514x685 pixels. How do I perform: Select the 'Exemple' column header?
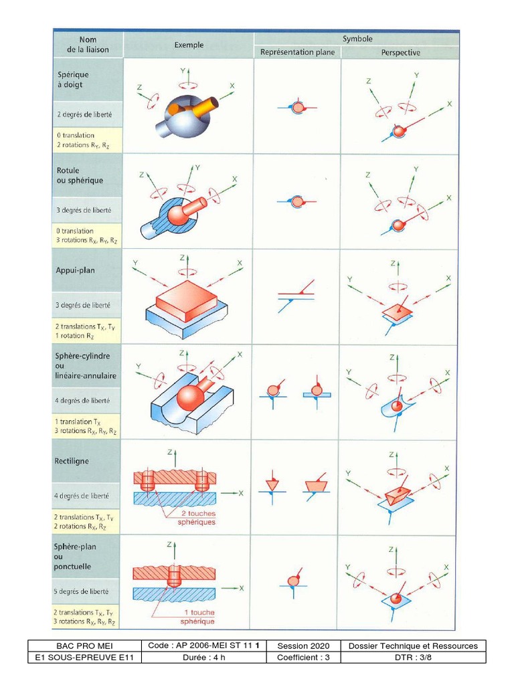coord(189,45)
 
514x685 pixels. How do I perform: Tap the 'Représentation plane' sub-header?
coord(297,52)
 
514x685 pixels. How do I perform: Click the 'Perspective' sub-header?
coord(400,52)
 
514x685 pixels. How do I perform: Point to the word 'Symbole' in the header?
coord(357,39)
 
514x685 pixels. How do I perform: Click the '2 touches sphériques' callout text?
coord(198,517)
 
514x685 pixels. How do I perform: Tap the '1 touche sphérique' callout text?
coord(198,617)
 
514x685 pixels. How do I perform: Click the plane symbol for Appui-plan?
coord(297,295)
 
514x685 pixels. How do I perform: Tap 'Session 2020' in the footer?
coord(303,646)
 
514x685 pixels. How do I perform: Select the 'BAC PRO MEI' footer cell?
coord(84,646)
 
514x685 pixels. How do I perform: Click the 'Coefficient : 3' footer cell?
coord(303,658)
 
